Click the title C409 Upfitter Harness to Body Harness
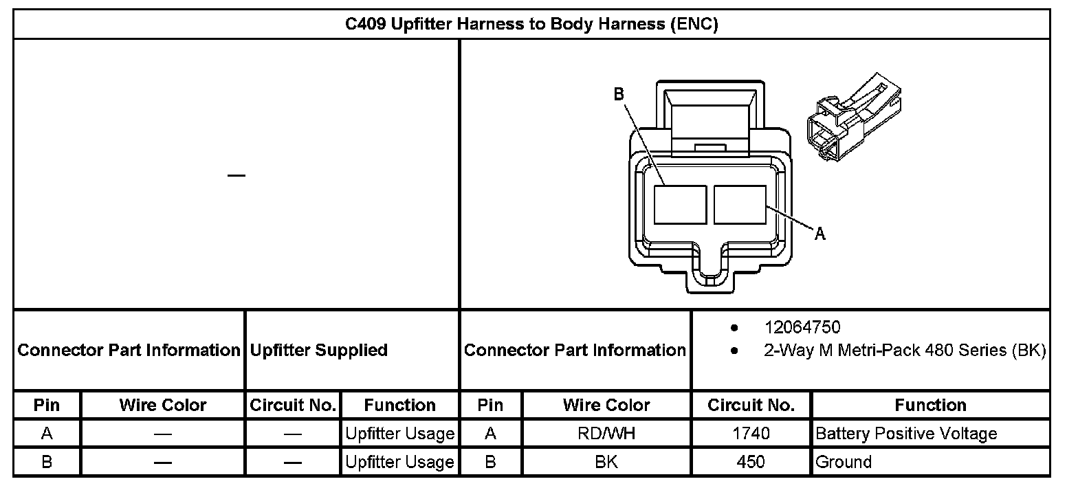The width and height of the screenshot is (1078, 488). pos(531,24)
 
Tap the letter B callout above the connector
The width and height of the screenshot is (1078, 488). pos(619,94)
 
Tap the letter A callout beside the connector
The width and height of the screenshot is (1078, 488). pos(820,234)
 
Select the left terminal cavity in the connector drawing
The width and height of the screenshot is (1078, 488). pos(680,205)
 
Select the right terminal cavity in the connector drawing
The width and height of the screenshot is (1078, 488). pos(740,205)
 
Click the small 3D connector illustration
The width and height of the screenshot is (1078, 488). pos(854,117)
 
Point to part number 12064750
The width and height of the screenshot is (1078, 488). pos(802,327)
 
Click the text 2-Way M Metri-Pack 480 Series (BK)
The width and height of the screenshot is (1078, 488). pos(905,350)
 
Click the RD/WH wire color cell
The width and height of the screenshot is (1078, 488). pos(606,434)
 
